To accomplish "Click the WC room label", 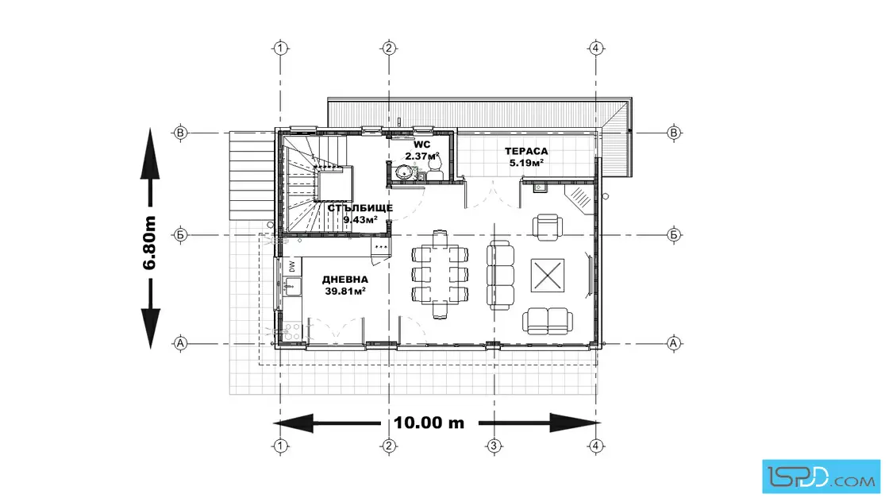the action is click(x=421, y=145).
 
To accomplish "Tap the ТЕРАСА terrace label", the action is click(x=526, y=152).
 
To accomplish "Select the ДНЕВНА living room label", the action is click(x=345, y=280).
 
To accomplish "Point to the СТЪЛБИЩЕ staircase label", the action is click(x=360, y=208).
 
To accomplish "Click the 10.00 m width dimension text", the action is click(x=429, y=423).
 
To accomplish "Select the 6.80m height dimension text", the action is click(x=150, y=243).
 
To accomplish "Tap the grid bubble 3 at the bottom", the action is click(x=494, y=446).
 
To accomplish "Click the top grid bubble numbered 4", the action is click(x=595, y=48).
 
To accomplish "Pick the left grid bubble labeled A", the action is click(x=180, y=343).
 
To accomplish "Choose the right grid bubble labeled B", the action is click(x=674, y=133).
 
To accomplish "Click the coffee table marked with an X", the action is click(x=548, y=276).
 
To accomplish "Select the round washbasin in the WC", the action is click(x=405, y=172).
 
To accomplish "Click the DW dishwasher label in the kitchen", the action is click(x=292, y=267).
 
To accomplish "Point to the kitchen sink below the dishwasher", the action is click(x=291, y=287).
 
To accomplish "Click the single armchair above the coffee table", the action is click(x=548, y=227).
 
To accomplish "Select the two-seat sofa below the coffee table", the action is click(x=548, y=321).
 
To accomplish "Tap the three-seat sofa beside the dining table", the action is click(x=501, y=275).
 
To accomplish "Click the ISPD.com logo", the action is click(x=821, y=476).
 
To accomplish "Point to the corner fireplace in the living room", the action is click(x=581, y=199).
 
